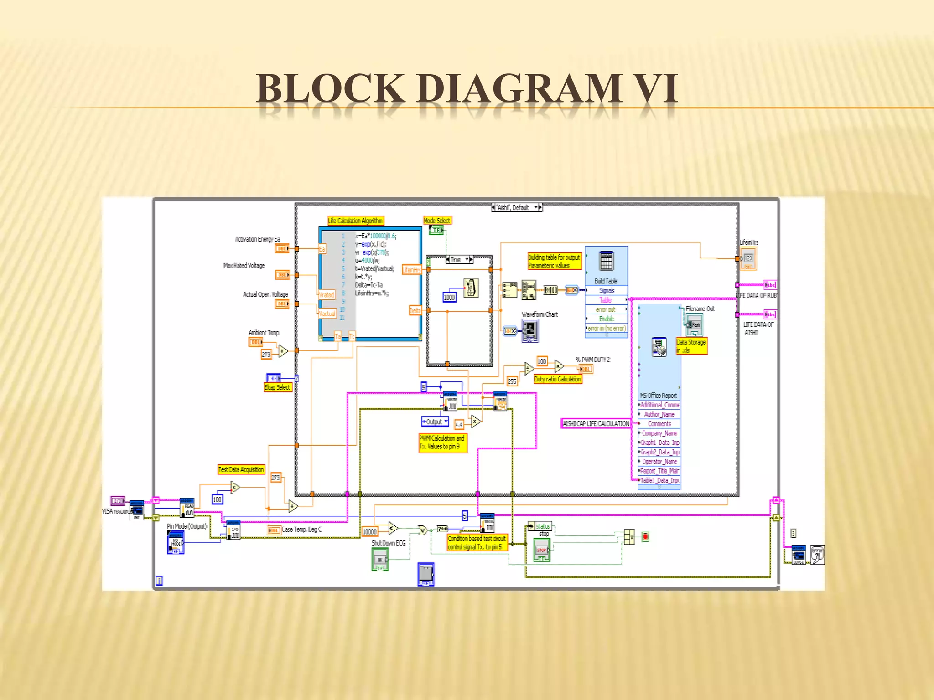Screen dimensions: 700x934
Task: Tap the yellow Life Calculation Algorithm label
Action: point(355,221)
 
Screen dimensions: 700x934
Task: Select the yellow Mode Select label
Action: point(437,221)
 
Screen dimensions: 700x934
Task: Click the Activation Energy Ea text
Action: point(258,239)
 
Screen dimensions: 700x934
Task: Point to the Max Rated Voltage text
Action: point(244,266)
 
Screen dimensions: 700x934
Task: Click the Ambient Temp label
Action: point(264,333)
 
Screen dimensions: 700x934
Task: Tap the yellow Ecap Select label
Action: point(277,387)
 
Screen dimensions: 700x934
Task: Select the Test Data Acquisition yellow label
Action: point(241,470)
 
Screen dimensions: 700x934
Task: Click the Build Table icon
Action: point(606,262)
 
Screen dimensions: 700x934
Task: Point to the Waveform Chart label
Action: point(540,314)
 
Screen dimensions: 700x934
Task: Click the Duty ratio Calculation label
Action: point(558,379)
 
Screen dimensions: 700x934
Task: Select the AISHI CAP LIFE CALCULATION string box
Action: point(595,424)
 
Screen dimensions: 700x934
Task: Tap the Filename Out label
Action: point(700,309)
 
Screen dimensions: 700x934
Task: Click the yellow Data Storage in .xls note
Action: point(691,346)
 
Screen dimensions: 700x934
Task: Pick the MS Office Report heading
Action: point(658,396)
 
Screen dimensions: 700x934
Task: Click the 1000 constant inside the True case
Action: point(449,298)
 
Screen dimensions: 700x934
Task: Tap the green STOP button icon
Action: point(542,550)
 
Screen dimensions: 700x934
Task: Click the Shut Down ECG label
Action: point(388,543)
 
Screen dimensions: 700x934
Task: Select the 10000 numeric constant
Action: point(369,532)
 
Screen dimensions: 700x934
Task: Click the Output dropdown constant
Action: point(435,422)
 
